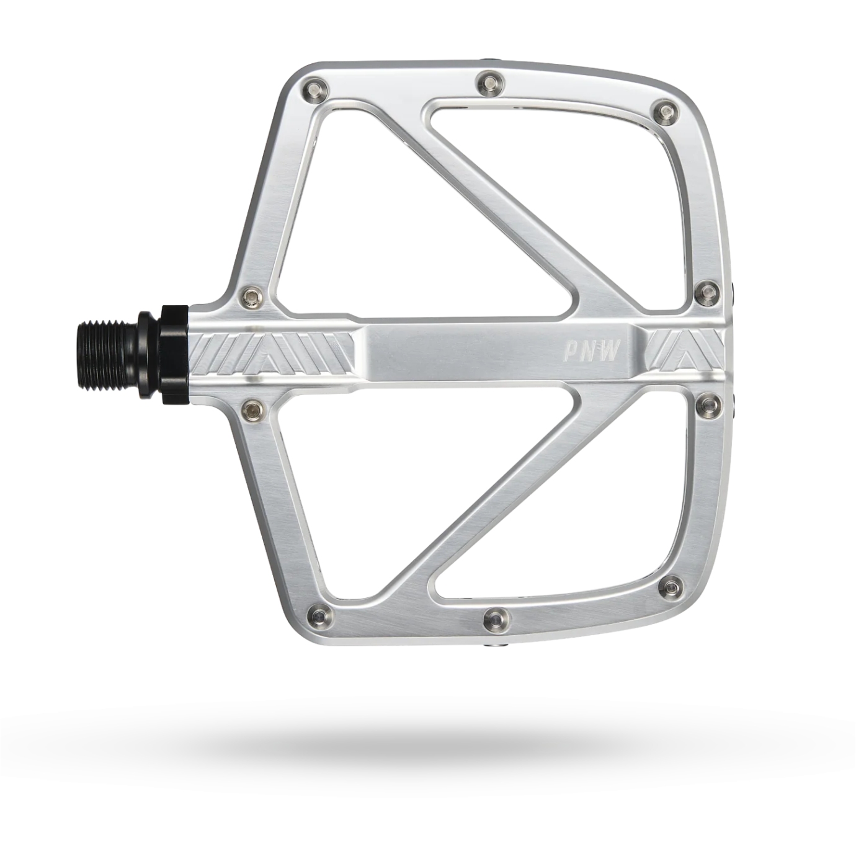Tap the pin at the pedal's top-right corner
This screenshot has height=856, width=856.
[x=666, y=112]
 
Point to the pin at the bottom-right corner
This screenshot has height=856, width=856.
[x=670, y=587]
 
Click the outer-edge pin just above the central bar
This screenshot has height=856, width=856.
[x=707, y=292]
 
